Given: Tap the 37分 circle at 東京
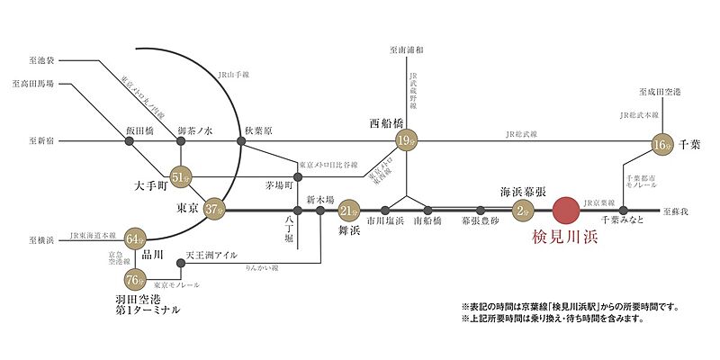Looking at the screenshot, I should (213, 210).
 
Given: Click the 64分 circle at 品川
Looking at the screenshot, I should (136, 238).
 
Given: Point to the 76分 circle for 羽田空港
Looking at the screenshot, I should (136, 278).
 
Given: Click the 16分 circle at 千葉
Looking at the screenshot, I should (662, 144).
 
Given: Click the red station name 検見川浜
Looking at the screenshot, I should (564, 239).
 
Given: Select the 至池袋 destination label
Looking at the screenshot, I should (43, 59).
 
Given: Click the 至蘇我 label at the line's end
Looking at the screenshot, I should (674, 210).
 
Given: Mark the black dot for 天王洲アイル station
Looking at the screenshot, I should (181, 264).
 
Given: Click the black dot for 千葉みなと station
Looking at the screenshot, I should (623, 211).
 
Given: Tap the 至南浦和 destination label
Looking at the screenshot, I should (407, 50).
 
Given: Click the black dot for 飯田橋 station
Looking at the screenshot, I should (127, 141).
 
